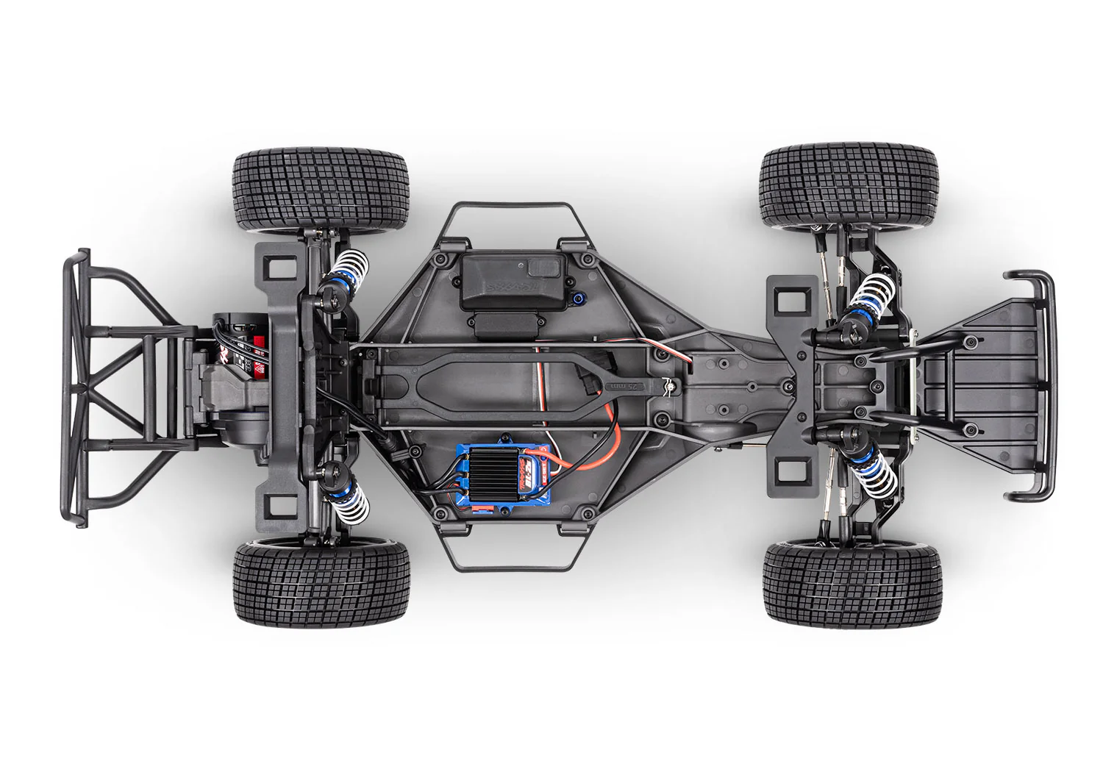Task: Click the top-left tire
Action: [318, 192]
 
